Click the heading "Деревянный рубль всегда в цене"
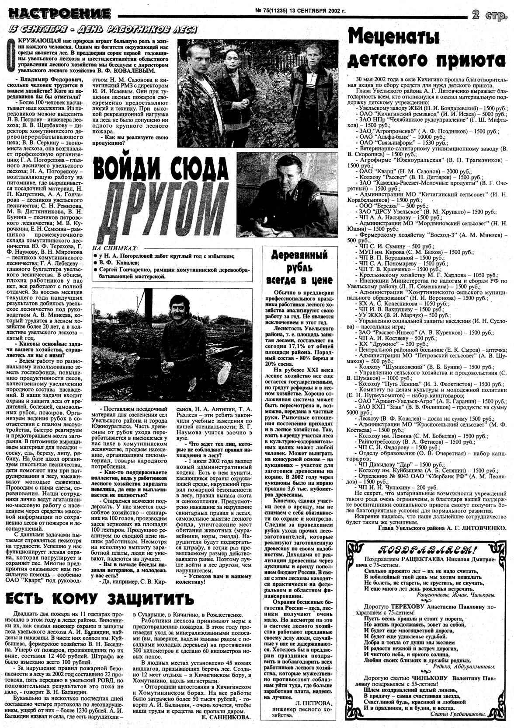pos(300,267)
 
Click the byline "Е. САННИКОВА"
pos(226,717)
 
